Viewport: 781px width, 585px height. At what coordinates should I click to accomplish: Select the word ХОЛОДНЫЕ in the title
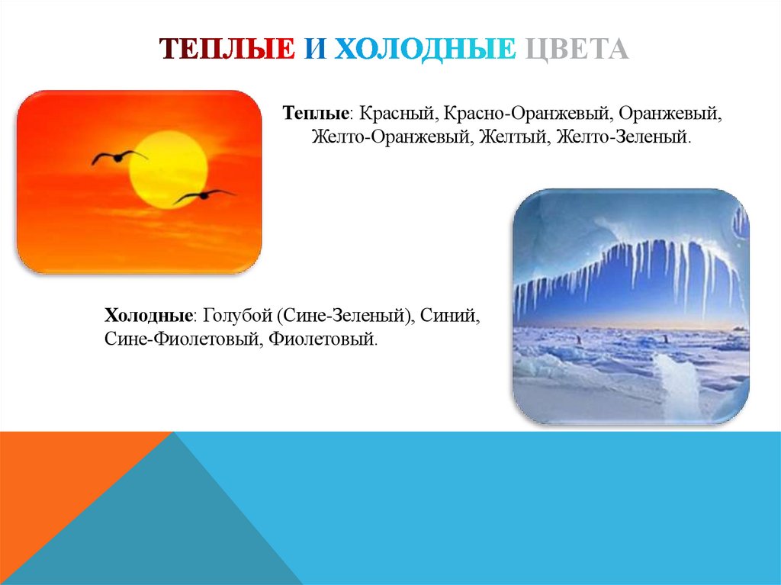[424, 50]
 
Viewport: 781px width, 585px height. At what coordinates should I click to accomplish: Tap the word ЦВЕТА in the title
[577, 50]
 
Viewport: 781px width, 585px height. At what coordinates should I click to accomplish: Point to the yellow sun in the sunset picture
[168, 169]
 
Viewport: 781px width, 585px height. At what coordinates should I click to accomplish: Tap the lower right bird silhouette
[202, 196]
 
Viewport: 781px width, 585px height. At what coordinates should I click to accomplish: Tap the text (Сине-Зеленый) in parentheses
[346, 315]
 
